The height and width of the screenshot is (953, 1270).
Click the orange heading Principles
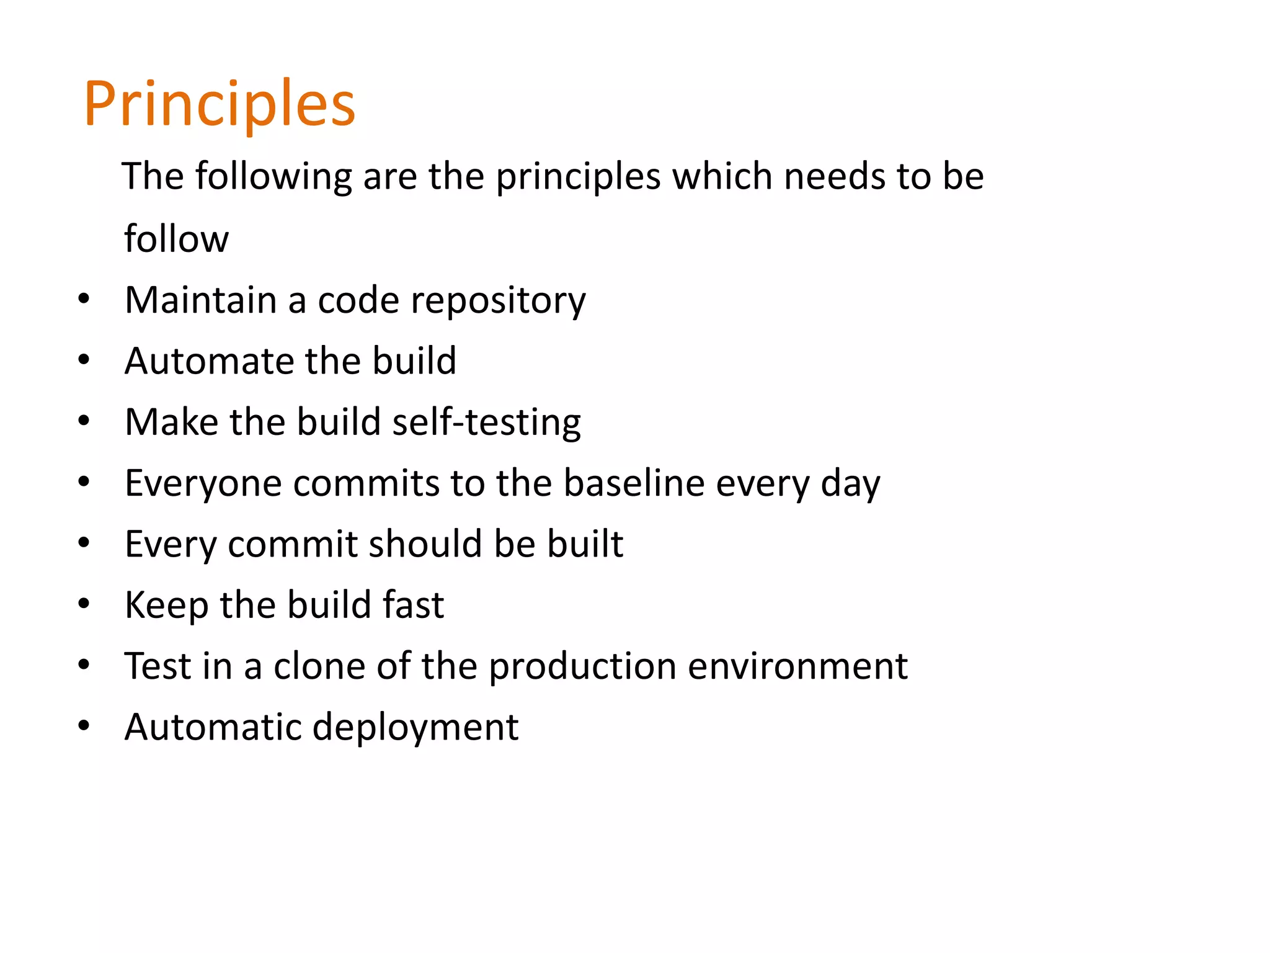[220, 104]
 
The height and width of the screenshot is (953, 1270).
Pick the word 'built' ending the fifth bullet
[585, 544]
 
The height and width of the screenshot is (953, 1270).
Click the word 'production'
[583, 667]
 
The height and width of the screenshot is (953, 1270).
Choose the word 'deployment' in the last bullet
[415, 728]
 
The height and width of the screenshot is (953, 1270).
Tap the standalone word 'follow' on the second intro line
[176, 239]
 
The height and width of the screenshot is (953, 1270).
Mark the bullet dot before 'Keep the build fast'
[84, 604]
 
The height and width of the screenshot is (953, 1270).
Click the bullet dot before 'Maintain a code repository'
[84, 299]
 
